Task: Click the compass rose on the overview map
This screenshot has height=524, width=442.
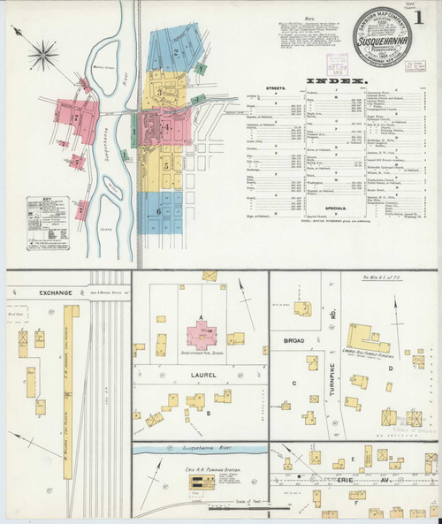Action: click(x=42, y=55)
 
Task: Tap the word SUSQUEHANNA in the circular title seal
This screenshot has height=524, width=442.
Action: click(x=380, y=41)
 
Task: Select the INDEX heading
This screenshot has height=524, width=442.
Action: click(x=335, y=81)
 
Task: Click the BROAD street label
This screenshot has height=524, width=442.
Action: click(x=293, y=338)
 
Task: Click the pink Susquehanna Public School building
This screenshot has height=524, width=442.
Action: click(x=203, y=338)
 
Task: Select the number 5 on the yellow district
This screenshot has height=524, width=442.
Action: click(x=165, y=162)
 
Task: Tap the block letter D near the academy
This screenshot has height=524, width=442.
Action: click(x=390, y=367)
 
